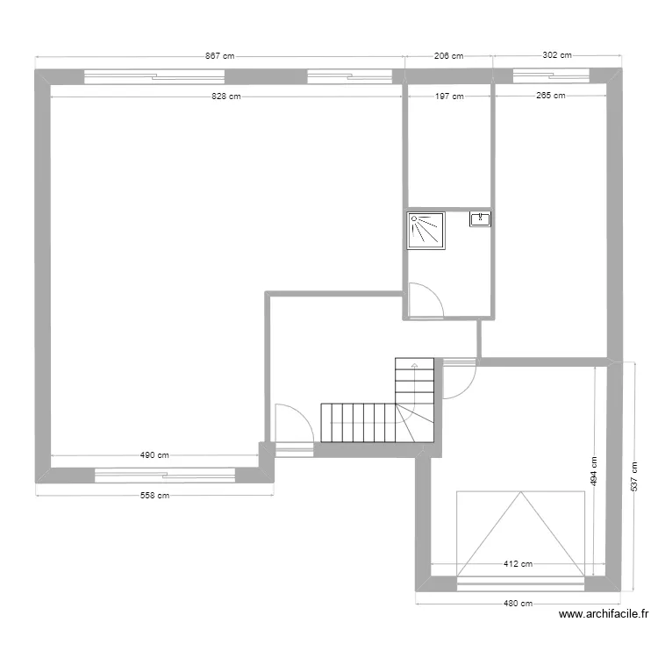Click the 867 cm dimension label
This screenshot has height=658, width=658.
pos(219,56)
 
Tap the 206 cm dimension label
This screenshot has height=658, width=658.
pos(448,56)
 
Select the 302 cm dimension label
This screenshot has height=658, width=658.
pos(557,55)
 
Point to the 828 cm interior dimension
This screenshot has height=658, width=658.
pos(226,97)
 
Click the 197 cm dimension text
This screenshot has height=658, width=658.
pos(449,97)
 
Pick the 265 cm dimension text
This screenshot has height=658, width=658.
pos(551,96)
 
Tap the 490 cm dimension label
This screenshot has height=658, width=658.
pos(154,454)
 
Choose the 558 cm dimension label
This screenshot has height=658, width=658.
pos(154,495)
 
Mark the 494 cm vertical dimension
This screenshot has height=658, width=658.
pos(594,472)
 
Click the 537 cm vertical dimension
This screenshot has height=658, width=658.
pos(634,476)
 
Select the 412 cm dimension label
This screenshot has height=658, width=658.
pos(518,564)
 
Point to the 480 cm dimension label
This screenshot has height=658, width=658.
pos(518,604)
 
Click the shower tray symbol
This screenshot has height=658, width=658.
pos(426,231)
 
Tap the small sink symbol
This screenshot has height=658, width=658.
pos(480,219)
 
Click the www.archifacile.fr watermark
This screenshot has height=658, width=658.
pos(604,614)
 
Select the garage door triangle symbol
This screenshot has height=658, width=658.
pos(520,533)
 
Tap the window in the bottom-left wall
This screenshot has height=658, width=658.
pos(165,476)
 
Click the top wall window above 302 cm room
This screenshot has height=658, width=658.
pos(552,76)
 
